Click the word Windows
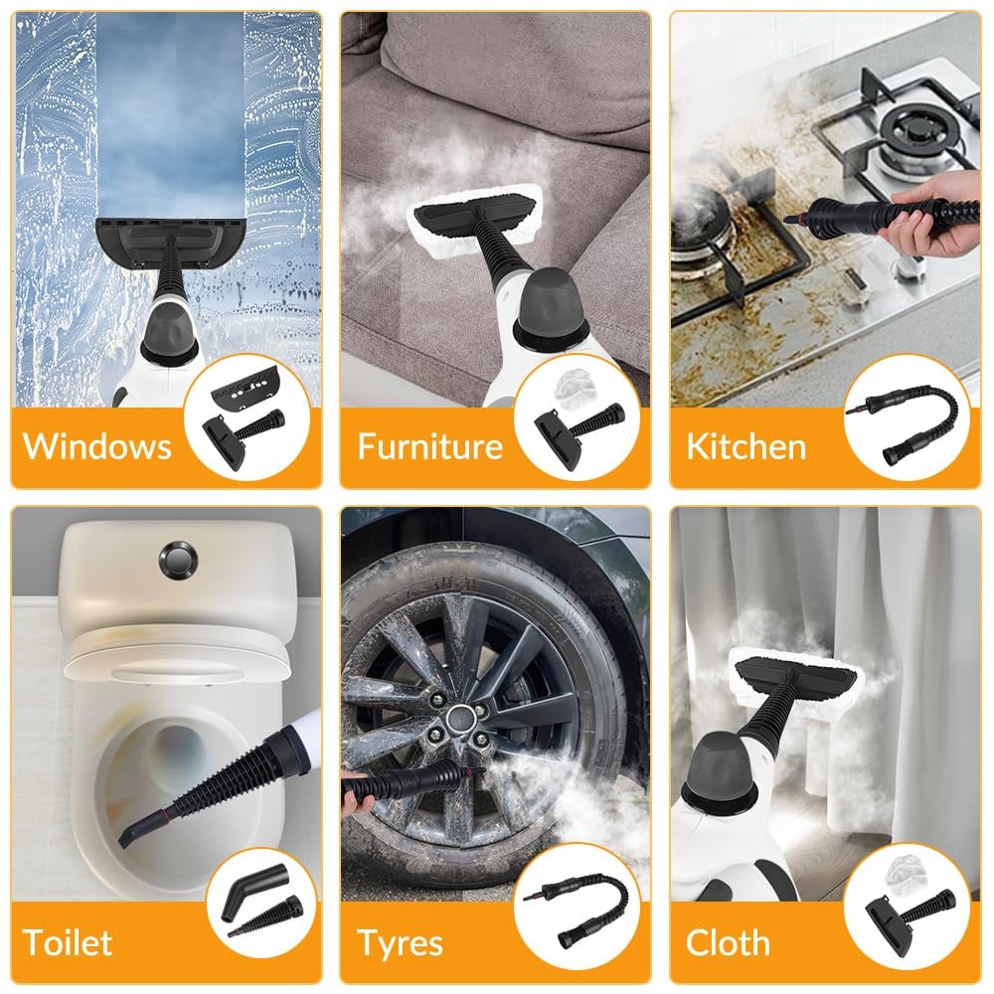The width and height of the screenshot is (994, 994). pyautogui.click(x=97, y=446)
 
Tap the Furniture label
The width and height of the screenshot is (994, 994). pyautogui.click(x=429, y=446)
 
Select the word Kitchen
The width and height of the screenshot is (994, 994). pyautogui.click(x=746, y=446)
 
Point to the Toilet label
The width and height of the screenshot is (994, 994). pyautogui.click(x=68, y=942)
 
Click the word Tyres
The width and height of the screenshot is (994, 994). pyautogui.click(x=400, y=943)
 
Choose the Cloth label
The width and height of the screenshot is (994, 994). pyautogui.click(x=728, y=942)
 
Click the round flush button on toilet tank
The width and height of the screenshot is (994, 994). pyautogui.click(x=178, y=559)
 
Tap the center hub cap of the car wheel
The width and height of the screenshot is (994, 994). pyautogui.click(x=456, y=719)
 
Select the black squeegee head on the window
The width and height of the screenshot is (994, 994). pyautogui.click(x=171, y=241)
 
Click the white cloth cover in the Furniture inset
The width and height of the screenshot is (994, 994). pyautogui.click(x=575, y=387)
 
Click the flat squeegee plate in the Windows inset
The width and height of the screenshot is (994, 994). pyautogui.click(x=245, y=385)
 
